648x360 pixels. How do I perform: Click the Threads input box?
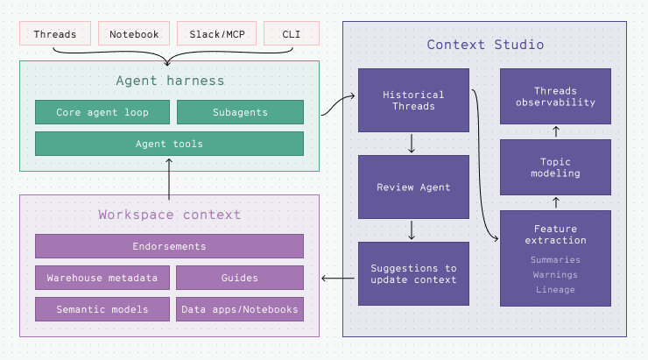(56, 34)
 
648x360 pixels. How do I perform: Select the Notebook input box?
(134, 34)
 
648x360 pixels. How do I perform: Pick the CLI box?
(291, 34)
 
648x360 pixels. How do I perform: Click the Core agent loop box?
(102, 112)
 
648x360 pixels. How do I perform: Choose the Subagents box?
(240, 112)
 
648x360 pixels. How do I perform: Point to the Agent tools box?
(169, 144)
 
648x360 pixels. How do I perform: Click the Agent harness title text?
(169, 81)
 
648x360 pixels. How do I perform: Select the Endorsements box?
(169, 246)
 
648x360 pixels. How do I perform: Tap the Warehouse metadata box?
(102, 278)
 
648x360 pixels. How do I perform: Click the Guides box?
(240, 278)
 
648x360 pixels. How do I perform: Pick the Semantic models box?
(102, 309)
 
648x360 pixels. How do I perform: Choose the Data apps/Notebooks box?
(240, 309)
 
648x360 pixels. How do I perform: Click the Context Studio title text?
(485, 44)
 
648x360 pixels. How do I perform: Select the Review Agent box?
(413, 187)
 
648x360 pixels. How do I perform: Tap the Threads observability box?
(555, 96)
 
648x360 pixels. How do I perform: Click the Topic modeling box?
(555, 166)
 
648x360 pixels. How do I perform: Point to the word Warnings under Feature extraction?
(555, 274)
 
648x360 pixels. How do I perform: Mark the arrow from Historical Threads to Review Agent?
(412, 144)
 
